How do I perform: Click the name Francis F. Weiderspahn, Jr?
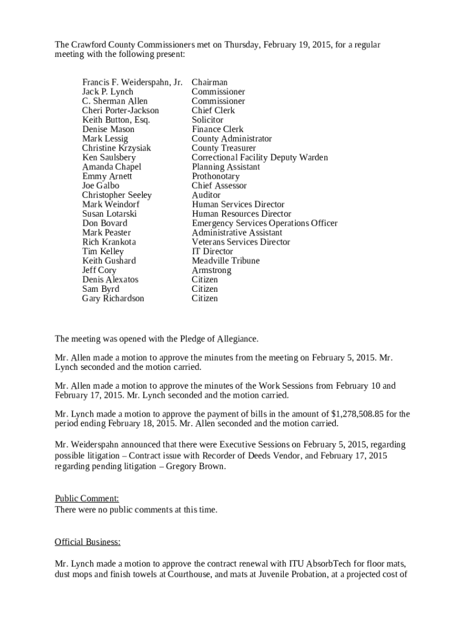point(132,82)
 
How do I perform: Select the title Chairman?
point(209,82)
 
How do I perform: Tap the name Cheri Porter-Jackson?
point(120,111)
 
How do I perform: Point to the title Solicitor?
point(207,120)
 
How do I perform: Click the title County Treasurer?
point(223,148)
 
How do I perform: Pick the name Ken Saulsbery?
point(109,157)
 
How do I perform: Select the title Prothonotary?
point(215,176)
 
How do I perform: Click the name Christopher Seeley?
point(117,195)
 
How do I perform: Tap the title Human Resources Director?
point(241,214)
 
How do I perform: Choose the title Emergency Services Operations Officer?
point(264,223)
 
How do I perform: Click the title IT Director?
point(212,251)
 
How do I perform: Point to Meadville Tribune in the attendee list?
point(225,261)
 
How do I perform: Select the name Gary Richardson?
point(113,298)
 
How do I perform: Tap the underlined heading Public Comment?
point(87,499)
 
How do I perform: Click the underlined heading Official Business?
point(88,542)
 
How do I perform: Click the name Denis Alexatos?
point(110,280)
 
